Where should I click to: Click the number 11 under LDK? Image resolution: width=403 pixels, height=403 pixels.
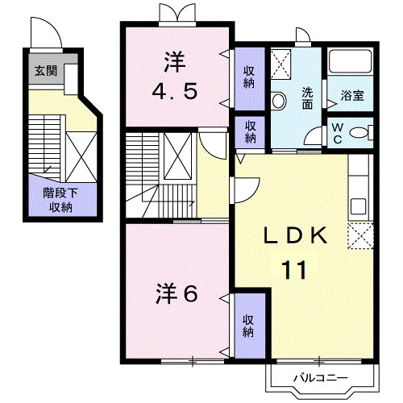click(293, 270)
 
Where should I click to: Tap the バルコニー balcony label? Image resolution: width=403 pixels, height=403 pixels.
click(319, 376)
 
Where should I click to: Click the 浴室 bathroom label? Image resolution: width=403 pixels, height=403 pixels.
click(351, 95)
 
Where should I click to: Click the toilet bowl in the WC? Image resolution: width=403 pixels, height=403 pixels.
click(360, 134)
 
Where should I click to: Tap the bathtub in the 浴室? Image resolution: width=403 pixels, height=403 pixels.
click(352, 62)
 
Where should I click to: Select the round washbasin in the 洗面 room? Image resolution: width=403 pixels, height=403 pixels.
click(279, 101)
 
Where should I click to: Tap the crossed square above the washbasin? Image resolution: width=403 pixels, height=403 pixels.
click(282, 63)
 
